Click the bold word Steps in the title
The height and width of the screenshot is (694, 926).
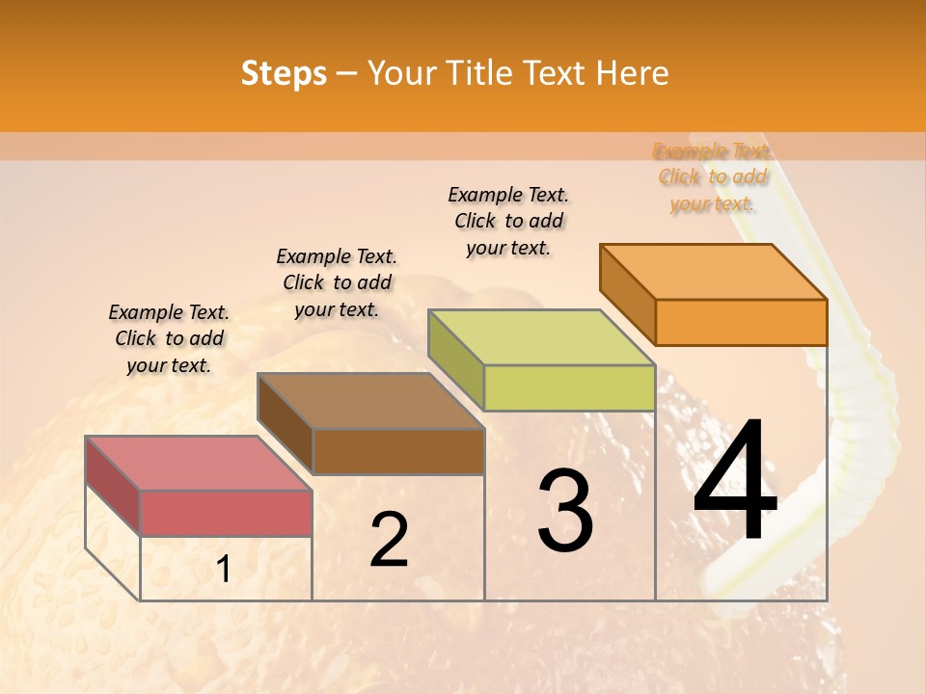click(284, 73)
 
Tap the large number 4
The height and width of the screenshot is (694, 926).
click(736, 483)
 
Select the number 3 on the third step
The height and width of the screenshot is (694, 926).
click(565, 512)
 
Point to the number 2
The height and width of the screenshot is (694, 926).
click(389, 540)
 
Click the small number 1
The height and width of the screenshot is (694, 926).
click(223, 570)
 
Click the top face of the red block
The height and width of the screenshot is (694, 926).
click(199, 463)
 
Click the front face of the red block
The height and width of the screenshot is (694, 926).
click(226, 513)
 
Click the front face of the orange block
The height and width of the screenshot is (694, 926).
click(741, 322)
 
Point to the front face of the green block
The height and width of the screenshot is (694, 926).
click(569, 387)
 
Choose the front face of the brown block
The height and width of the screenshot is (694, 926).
click(398, 451)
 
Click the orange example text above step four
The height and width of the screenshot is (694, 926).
click(713, 177)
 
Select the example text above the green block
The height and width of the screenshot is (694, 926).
click(508, 222)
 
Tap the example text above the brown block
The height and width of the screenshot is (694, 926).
click(337, 282)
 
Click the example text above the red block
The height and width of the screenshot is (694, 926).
click(169, 338)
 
